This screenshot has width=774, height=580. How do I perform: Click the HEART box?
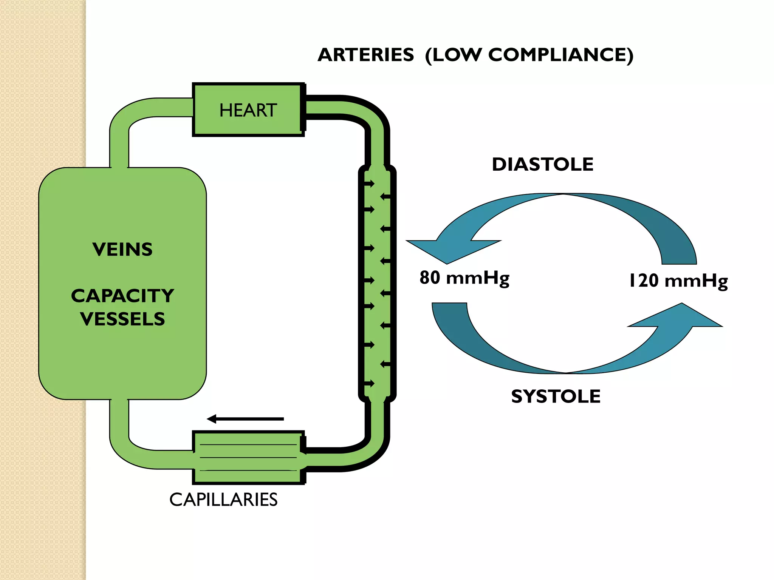tap(248, 110)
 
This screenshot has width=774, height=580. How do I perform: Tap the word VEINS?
tap(122, 250)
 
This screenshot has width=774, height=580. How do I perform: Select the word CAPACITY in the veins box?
tap(122, 296)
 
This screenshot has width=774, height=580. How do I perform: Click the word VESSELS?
tap(122, 319)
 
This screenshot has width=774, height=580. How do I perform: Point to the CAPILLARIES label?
tap(223, 500)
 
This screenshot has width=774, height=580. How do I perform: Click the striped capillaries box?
tap(248, 457)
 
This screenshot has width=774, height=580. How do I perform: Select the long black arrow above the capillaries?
tap(246, 419)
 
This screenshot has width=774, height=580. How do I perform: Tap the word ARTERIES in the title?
tap(365, 55)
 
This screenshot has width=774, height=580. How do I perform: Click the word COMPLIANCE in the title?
tap(557, 55)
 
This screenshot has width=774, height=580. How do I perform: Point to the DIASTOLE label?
tap(542, 165)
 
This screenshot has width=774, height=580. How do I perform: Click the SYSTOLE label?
tap(556, 396)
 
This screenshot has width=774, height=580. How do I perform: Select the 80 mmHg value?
tap(464, 278)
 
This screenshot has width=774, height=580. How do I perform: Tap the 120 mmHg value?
tap(678, 281)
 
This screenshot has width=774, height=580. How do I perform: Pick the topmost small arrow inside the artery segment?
tap(369, 184)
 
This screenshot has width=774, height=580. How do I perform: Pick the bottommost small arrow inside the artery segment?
tap(369, 384)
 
